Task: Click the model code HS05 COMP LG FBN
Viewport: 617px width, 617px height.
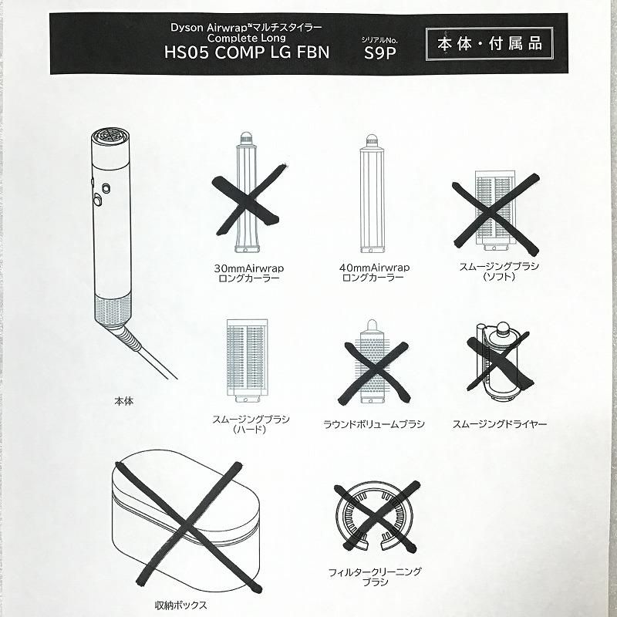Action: coord(247,52)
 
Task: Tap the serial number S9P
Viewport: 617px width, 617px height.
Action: coord(379,52)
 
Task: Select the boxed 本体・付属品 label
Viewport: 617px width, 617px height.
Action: coord(490,44)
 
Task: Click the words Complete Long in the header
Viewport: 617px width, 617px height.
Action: coord(247,38)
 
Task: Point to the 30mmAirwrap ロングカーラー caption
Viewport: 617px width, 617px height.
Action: coord(248,273)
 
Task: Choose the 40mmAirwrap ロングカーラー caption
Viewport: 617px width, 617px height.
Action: coord(374,272)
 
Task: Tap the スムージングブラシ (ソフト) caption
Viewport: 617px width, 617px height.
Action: coord(499,271)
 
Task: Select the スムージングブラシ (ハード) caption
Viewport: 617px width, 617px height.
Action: coord(251,423)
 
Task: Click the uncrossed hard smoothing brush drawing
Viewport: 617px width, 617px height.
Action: coord(247,360)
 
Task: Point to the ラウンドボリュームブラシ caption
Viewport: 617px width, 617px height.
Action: coord(374,424)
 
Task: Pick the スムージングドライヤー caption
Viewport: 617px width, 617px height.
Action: coord(499,423)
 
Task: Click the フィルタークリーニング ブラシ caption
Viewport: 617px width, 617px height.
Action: coord(375,576)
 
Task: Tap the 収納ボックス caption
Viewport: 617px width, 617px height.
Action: coord(180,605)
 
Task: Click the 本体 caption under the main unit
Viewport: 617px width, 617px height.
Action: coord(123,401)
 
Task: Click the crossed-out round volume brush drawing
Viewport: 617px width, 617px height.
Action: coord(372,361)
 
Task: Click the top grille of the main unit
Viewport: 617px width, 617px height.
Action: coord(111,137)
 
